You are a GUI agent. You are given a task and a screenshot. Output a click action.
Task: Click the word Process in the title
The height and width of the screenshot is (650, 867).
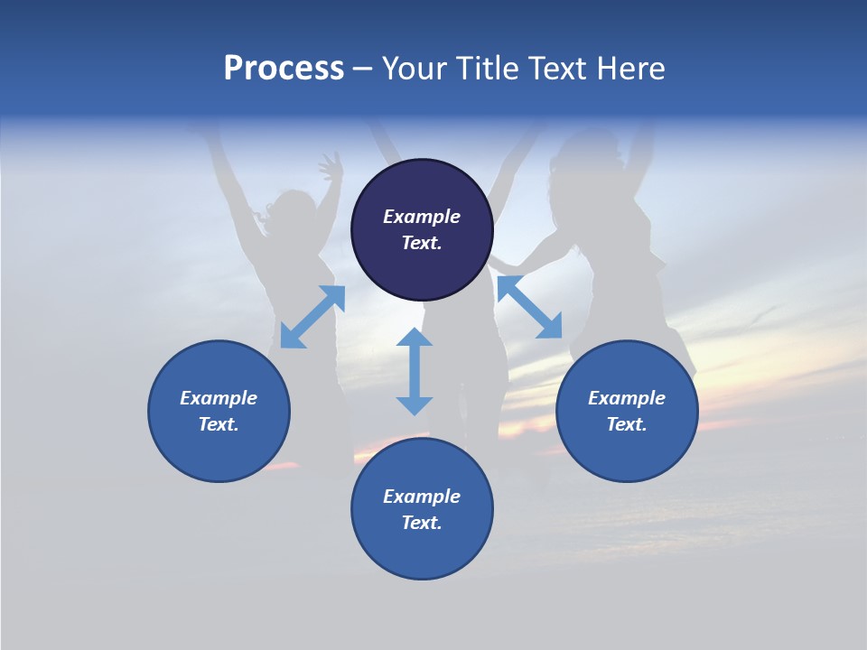(284, 69)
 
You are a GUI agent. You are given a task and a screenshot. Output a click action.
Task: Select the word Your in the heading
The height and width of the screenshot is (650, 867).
(412, 69)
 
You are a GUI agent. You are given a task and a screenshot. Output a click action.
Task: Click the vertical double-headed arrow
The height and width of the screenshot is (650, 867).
(415, 371)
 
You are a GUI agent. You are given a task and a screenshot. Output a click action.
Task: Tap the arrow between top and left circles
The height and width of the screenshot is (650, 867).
(312, 317)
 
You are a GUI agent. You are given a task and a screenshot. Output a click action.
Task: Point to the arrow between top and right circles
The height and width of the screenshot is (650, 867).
(530, 307)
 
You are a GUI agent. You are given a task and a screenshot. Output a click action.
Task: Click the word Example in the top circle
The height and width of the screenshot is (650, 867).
(422, 217)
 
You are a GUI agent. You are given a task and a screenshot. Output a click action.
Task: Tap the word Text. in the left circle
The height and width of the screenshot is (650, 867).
(219, 424)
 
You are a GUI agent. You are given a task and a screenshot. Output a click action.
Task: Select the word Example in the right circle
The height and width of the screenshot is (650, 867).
(627, 398)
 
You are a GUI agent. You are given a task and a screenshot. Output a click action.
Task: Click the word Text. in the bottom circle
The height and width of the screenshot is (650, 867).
(422, 523)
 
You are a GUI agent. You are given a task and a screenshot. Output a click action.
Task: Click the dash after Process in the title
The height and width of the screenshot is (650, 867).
(363, 69)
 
